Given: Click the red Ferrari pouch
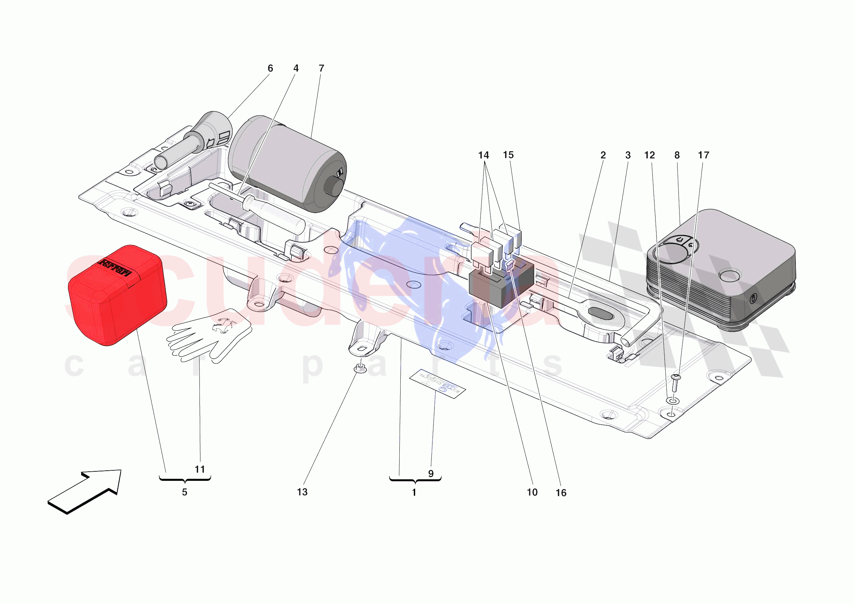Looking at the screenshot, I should click(117, 296).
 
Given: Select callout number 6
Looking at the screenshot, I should click(270, 68).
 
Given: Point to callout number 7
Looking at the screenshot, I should click(322, 68).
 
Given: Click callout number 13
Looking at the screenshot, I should click(302, 492).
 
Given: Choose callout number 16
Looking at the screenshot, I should click(561, 493).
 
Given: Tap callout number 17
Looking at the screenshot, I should click(703, 155).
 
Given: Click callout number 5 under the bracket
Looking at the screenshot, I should click(185, 492).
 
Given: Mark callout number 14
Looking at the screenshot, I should click(483, 155).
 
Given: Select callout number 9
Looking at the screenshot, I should click(431, 474).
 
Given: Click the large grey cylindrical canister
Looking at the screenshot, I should click(286, 164).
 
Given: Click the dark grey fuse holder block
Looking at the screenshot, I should click(500, 285).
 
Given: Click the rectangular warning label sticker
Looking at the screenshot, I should click(437, 384).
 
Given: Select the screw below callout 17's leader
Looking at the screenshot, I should click(675, 384).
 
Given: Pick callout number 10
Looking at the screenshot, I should click(532, 492).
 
